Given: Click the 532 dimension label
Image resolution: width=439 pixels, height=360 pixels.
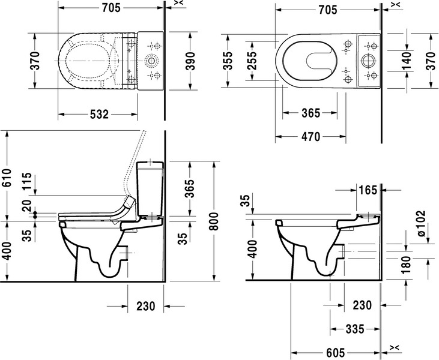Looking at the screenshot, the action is [99, 115].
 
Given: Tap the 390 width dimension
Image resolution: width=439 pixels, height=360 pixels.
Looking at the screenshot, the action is [190, 61].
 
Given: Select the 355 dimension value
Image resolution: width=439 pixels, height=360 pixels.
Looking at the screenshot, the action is [228, 61].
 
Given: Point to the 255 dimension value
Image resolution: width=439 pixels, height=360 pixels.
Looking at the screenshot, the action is [252, 61].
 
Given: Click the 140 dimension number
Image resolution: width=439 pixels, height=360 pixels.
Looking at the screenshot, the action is [406, 61].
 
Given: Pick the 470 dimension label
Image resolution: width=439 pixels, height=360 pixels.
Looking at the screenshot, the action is [310, 137].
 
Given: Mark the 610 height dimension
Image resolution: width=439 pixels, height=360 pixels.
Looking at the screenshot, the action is [7, 178].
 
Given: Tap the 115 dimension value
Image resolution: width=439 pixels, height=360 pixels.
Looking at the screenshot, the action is [28, 181].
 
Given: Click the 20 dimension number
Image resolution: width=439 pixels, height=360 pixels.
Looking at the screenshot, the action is [28, 205].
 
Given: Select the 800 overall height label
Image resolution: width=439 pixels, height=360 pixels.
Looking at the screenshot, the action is [214, 221].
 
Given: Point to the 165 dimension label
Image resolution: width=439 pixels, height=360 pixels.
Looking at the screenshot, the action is [368, 190].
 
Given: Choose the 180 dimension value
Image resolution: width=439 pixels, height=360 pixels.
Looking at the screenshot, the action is [406, 265].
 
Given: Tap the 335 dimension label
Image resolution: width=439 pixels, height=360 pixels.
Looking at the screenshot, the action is [355, 329].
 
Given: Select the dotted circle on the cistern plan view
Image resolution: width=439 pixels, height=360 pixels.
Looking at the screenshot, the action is [151, 61].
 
